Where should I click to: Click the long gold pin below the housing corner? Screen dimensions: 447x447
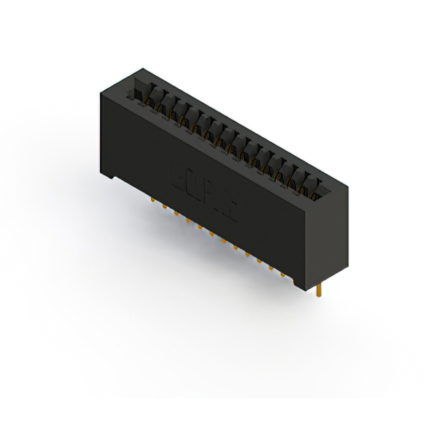pos(318,291)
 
